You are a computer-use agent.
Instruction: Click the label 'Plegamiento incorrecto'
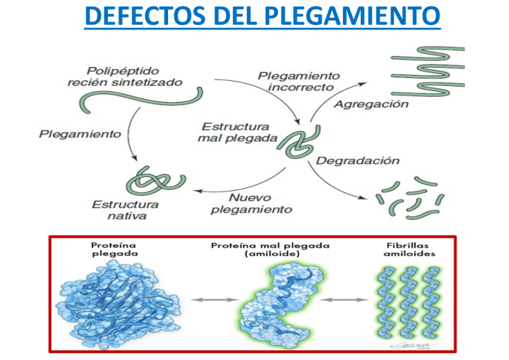pos(299,81)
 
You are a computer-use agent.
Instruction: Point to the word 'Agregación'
pos(371,104)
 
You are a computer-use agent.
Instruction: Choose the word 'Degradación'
pos(357,161)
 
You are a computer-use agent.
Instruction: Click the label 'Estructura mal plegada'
pos(234,132)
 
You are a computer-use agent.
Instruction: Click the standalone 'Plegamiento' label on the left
pos(80,133)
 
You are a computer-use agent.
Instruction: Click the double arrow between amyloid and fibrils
pos(348,298)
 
